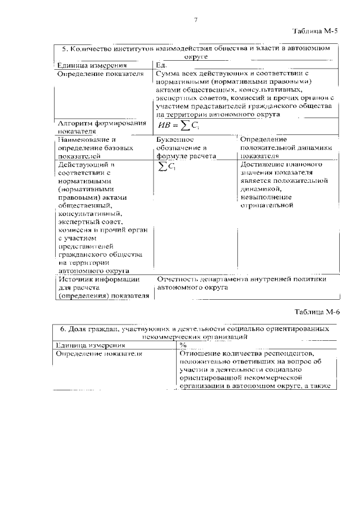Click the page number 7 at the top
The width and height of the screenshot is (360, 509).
196,20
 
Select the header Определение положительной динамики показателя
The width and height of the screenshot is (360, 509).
286,148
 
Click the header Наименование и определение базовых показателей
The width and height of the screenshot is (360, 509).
96,148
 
